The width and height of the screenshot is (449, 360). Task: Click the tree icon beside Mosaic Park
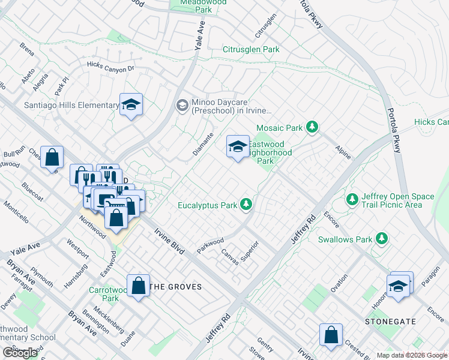tap(312, 127)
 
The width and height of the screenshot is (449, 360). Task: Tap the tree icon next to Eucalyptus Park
tap(246, 205)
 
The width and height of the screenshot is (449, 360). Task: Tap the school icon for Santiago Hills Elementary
tap(130, 105)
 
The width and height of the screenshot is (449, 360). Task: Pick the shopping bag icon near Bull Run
tap(53, 157)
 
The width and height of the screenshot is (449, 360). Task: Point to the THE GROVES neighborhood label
tap(175, 287)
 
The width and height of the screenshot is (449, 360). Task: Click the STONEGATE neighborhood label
tap(390, 322)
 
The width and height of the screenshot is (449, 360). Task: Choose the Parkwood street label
tap(210, 246)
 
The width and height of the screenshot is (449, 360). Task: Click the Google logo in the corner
tap(20, 352)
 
